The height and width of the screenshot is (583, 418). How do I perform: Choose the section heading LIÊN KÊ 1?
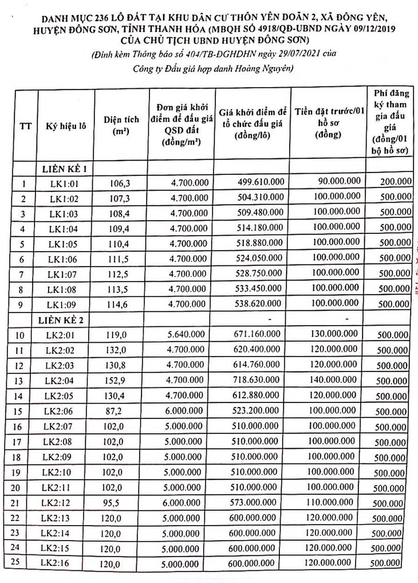(64, 169)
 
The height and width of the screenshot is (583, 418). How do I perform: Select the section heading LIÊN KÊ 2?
(64, 319)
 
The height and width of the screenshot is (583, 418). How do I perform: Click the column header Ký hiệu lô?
(66, 126)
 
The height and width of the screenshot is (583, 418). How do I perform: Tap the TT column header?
(25, 126)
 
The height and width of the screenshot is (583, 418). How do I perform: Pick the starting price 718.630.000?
(261, 380)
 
